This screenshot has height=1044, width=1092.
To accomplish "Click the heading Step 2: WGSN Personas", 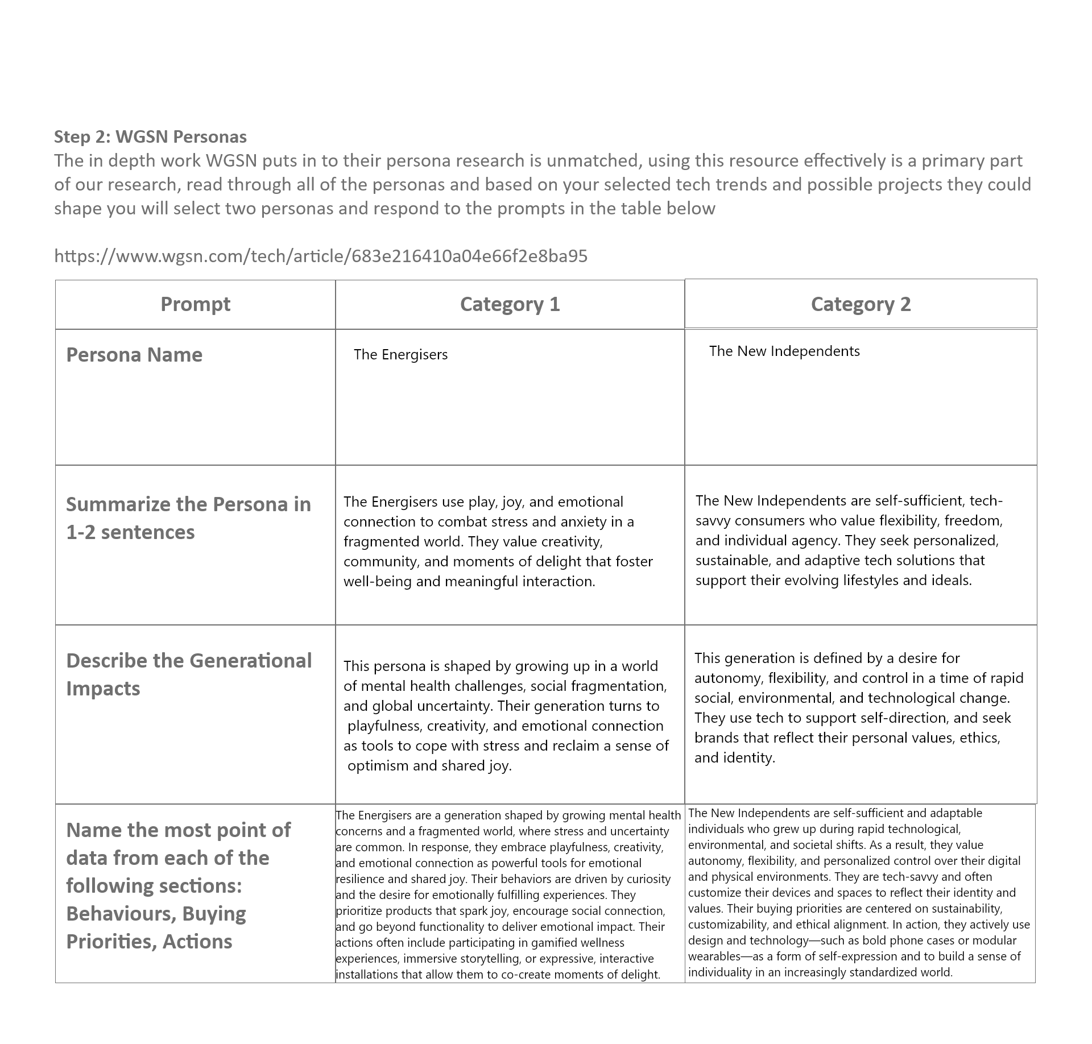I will tap(150, 137).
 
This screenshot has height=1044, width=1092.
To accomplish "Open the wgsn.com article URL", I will tap(321, 256).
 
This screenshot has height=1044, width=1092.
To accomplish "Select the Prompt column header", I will tap(195, 304).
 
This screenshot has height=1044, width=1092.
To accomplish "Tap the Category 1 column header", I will tap(510, 304).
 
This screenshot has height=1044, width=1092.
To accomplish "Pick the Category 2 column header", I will tap(861, 304).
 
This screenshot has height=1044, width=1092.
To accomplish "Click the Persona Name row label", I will tap(134, 355).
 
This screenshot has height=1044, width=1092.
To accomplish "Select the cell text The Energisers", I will tap(400, 355).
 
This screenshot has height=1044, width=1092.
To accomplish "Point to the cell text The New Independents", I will tap(784, 351).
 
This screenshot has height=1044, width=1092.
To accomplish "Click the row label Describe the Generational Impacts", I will tap(189, 674).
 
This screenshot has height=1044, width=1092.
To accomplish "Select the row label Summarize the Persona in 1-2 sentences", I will tap(189, 518).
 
